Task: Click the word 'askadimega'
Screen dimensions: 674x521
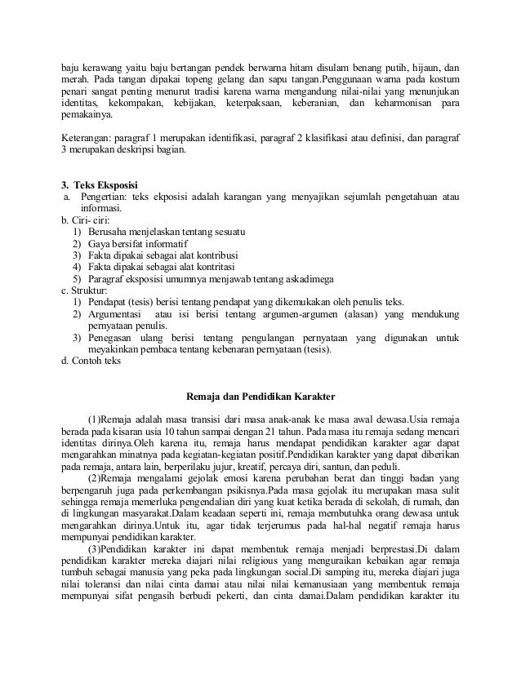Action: [306, 278]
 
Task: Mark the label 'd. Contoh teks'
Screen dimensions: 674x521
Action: [91, 363]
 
